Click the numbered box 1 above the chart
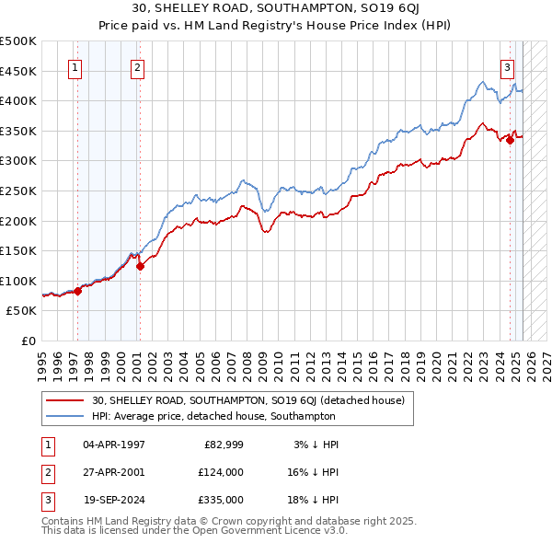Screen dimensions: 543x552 click(75, 66)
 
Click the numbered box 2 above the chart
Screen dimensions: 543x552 click(137, 66)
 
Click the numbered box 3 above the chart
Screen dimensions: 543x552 click(507, 66)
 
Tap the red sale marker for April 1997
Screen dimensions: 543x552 click(77, 291)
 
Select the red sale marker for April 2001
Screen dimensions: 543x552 click(140, 267)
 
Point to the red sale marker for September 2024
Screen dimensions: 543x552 click(510, 140)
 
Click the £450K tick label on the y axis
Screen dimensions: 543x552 click(18, 71)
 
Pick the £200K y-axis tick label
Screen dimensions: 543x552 click(18, 221)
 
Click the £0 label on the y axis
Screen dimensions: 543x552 click(29, 341)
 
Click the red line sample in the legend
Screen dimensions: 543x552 click(65, 400)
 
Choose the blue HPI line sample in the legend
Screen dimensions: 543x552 click(65, 416)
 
